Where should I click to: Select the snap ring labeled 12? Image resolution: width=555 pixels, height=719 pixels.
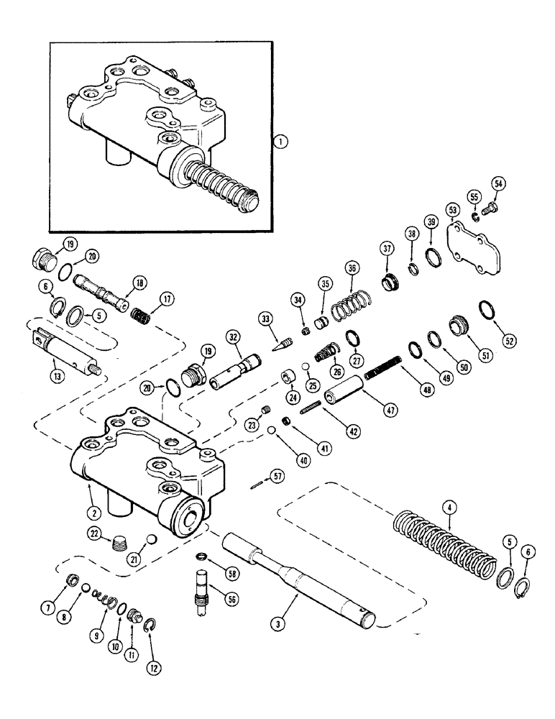(151, 623)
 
